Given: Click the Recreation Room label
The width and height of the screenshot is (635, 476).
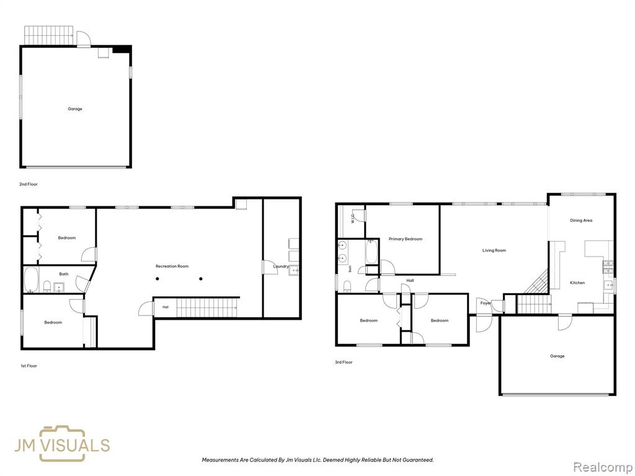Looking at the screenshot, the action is point(172,267).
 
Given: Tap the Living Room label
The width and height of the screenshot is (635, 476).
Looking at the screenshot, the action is point(494,250).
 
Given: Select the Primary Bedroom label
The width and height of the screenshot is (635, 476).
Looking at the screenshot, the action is point(406,239).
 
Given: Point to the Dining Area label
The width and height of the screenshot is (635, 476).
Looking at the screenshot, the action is point(581,221).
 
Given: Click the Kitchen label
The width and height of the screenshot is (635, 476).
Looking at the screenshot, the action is point(577,283).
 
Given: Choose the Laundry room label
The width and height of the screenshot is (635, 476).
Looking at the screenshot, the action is point(281,267).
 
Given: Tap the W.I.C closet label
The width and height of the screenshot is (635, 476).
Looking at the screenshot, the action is point(353,219).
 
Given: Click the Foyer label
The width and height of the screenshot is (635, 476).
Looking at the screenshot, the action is point(486,303).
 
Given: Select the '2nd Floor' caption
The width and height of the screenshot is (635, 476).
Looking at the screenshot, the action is point(29,184).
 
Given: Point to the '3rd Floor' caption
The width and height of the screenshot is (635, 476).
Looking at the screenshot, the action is point(344,362).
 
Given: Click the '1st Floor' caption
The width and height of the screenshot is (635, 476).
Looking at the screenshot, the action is point(29,366).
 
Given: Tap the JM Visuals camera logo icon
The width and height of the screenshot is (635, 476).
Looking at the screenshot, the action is point(62,444).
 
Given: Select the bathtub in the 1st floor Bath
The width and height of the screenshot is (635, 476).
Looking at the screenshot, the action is point(31,280).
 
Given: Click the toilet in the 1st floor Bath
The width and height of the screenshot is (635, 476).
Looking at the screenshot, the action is point(47,286).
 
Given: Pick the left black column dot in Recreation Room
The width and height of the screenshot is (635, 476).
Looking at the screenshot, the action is point(158,278).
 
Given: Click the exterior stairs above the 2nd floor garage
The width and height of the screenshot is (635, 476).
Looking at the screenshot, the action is point(48,35).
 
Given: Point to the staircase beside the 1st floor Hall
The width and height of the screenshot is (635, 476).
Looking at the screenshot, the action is point(207,307).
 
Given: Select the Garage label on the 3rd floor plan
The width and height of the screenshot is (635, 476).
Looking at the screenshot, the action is point(557,356).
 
